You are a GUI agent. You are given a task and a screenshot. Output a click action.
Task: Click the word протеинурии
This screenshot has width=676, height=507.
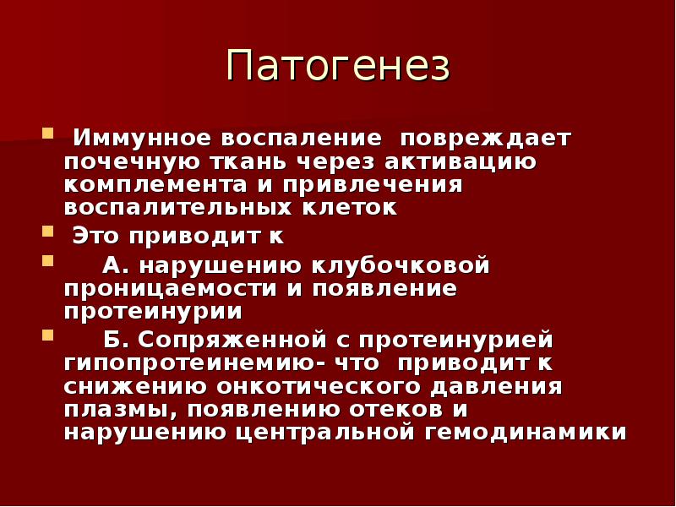(153, 312)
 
